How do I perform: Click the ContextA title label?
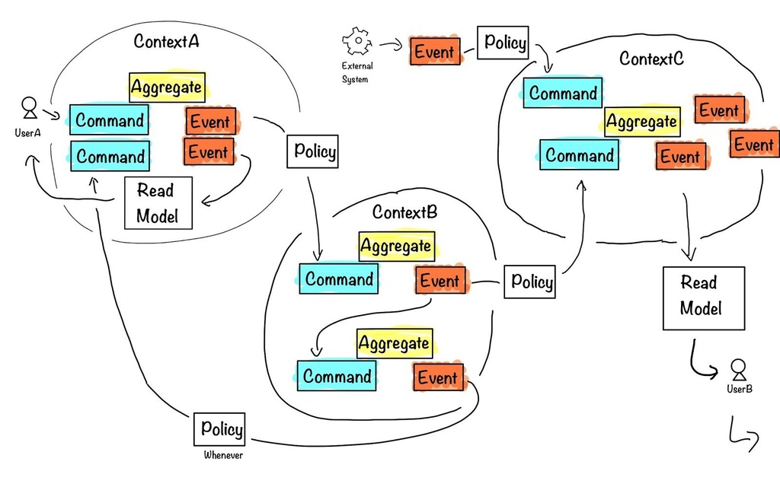[166, 42]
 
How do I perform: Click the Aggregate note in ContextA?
[166, 88]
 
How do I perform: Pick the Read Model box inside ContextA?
[158, 203]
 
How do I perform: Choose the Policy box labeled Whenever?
[221, 429]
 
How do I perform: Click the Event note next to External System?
[435, 52]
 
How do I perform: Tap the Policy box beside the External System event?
[503, 43]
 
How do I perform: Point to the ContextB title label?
[404, 212]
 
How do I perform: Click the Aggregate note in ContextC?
[641, 122]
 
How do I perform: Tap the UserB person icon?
[738, 370]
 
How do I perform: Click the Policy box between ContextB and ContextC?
[531, 283]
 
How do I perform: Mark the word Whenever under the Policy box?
[222, 456]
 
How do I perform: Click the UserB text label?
[738, 389]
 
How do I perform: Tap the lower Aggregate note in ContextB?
[394, 344]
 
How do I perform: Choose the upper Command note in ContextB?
[338, 279]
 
